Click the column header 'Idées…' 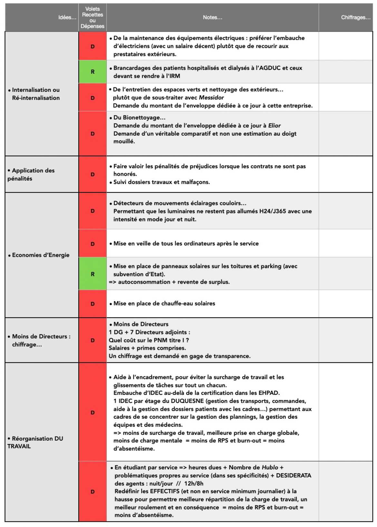pyautogui.click(x=67, y=17)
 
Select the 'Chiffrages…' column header pyautogui.click(x=355, y=17)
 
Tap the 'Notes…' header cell pyautogui.click(x=212, y=17)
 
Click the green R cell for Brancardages pyautogui.click(x=92, y=72)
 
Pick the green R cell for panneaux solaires pyautogui.click(x=92, y=274)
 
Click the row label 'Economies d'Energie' pyautogui.click(x=41, y=255)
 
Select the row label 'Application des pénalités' pyautogui.click(x=31, y=174)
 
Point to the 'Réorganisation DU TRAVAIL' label pyautogui.click(x=35, y=442)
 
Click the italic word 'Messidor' pyautogui.click(x=211, y=97)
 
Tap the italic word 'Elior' pyautogui.click(x=274, y=125)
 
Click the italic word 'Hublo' pyautogui.click(x=270, y=467)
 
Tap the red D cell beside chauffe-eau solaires pyautogui.click(x=92, y=304)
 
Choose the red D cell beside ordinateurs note pyautogui.click(x=92, y=244)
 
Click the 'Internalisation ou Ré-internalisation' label pyautogui.click(x=35, y=94)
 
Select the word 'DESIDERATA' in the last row pyautogui.click(x=294, y=475)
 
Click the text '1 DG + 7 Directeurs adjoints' pyautogui.click(x=149, y=332)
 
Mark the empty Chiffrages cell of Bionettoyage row pyautogui.click(x=345, y=133)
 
